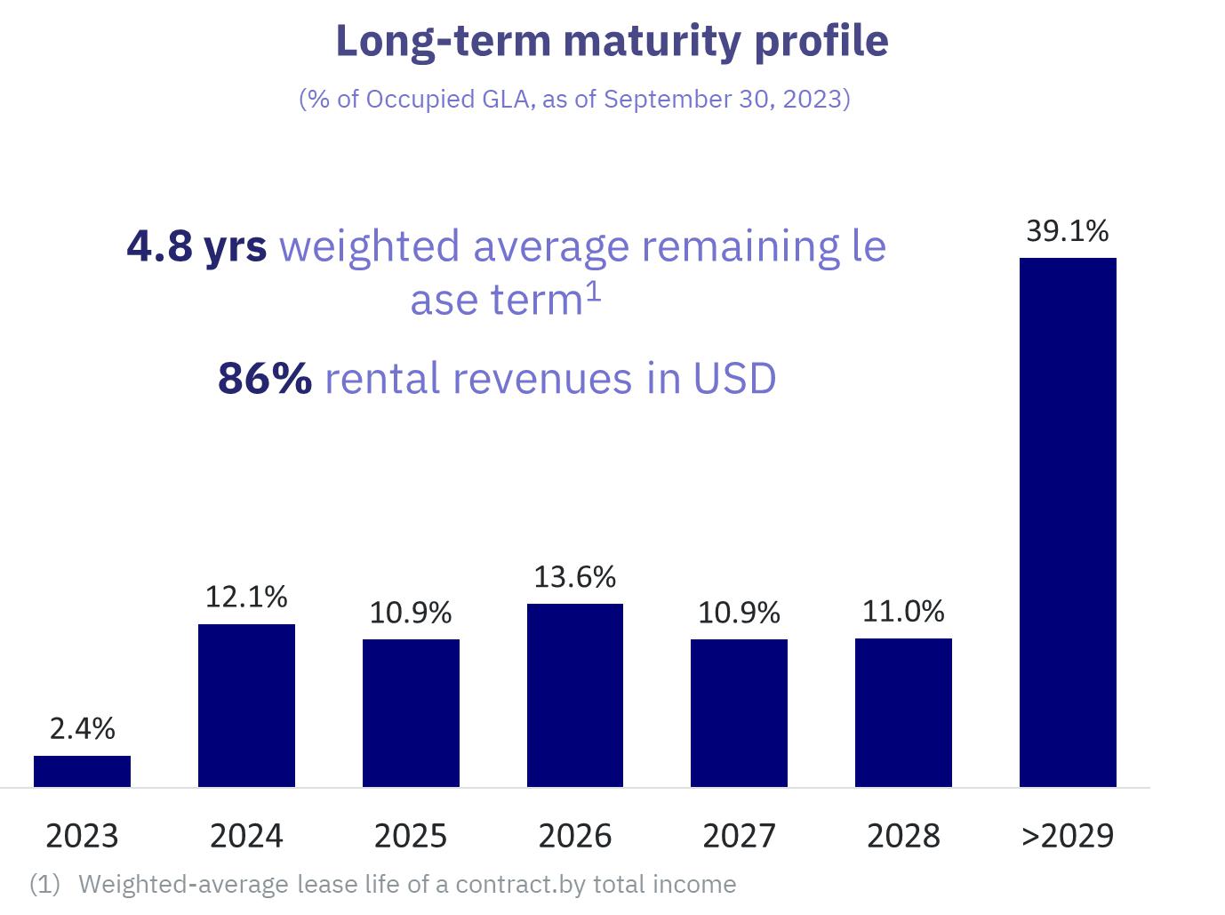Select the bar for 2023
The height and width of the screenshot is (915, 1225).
coord(82,771)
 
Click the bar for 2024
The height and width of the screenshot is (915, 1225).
coord(246,705)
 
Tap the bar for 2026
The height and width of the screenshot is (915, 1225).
coord(575,695)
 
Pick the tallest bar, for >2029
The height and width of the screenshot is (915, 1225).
coord(1068,522)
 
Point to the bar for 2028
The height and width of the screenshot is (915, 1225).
coord(903,712)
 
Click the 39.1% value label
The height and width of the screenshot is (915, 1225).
coord(1067,231)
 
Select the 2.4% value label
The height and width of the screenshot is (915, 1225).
coord(82,728)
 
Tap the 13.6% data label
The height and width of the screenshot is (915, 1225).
coord(575,577)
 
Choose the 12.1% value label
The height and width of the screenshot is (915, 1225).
coord(246,597)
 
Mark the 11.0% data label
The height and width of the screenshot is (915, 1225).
coord(903,611)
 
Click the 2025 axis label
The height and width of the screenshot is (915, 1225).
coord(410,836)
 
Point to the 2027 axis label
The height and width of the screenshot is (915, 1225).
coord(739,836)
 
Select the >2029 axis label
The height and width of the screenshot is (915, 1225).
coord(1067,836)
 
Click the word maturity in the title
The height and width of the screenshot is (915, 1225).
coord(652,42)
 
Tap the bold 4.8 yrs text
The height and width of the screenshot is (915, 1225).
coord(196,246)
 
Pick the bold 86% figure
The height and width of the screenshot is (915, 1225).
coord(265,379)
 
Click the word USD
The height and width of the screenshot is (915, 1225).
coord(734,379)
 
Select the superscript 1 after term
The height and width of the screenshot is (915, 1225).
coord(593,291)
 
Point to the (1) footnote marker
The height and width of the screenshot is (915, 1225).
coord(44,884)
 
